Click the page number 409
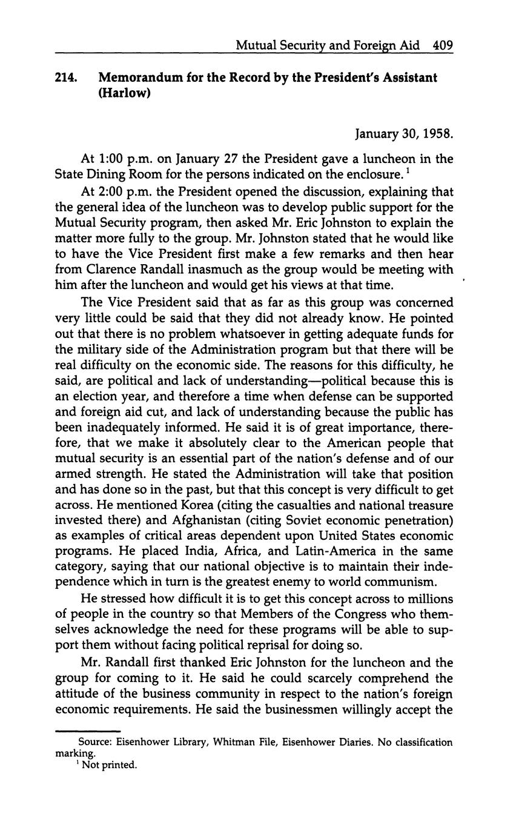coord(443,45)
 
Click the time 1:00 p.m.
coord(126,159)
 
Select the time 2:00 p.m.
coord(126,191)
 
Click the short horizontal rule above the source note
coord(88,731)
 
